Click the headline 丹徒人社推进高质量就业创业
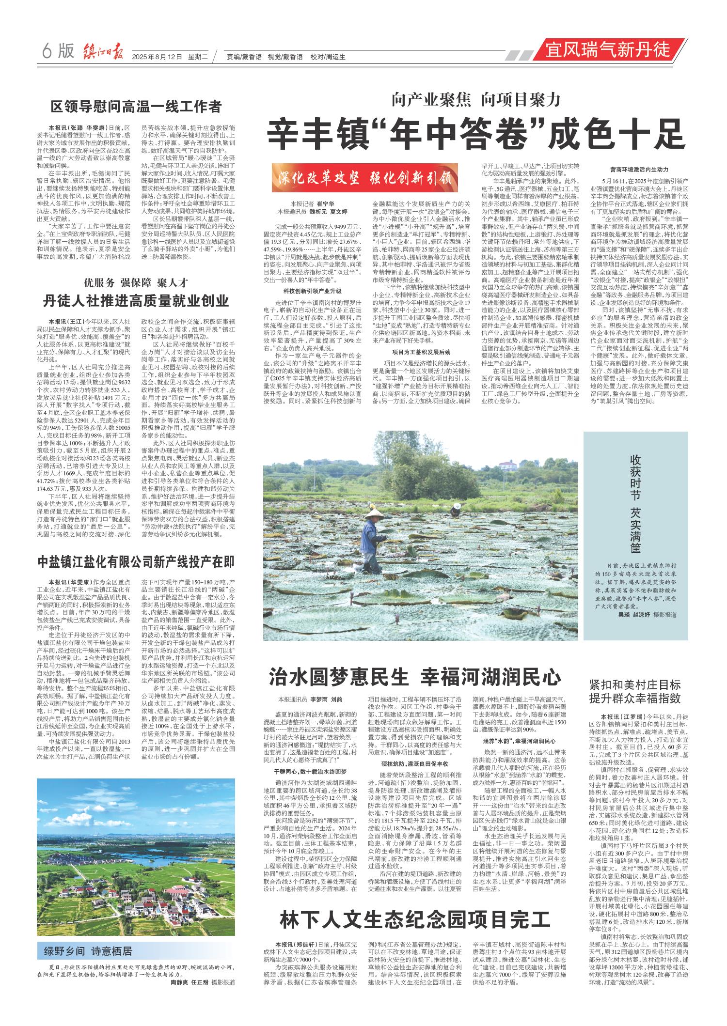tap(136, 301)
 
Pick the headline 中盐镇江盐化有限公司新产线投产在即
tap(136, 562)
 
